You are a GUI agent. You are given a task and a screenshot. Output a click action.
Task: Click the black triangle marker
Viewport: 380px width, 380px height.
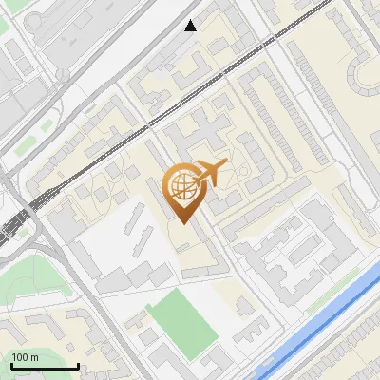pyautogui.click(x=191, y=26)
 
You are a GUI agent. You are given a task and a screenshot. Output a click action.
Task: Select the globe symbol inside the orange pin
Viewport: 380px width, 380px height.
pyautogui.click(x=182, y=188)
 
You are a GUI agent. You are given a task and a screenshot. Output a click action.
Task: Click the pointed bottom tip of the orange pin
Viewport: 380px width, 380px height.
pyautogui.click(x=182, y=222)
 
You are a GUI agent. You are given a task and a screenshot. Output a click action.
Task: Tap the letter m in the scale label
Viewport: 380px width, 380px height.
pyautogui.click(x=35, y=357)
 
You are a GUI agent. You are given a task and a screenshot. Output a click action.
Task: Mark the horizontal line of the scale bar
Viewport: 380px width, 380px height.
pyautogui.click(x=44, y=366)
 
